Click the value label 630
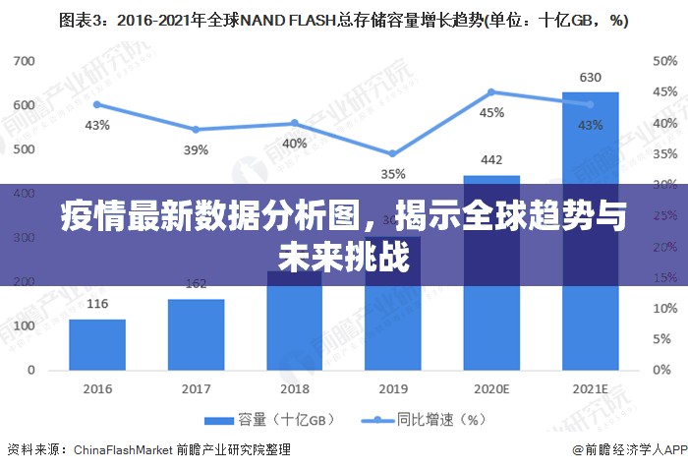pyautogui.click(x=590, y=77)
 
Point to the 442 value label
pyautogui.click(x=491, y=160)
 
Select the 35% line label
pyautogui.click(x=393, y=174)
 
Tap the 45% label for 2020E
pyautogui.click(x=491, y=112)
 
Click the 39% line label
pyautogui.click(x=196, y=149)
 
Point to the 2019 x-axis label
pyautogui.click(x=393, y=388)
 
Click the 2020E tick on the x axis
pyautogui.click(x=491, y=388)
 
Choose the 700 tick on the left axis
pyautogui.click(x=24, y=61)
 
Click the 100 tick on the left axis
pyautogui.click(x=24, y=325)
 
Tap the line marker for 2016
pyautogui.click(x=97, y=104)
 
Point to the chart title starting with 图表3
pyautogui.click(x=343, y=19)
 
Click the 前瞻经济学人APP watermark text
pyautogui.click(x=629, y=449)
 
